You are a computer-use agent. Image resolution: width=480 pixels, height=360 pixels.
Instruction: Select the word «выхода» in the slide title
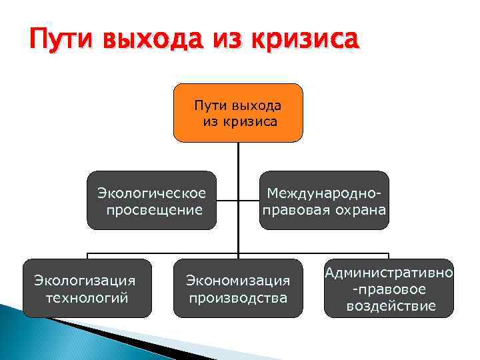pyautogui.click(x=153, y=41)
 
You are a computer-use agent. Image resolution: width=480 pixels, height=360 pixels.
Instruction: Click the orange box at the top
pyautogui.click(x=238, y=113)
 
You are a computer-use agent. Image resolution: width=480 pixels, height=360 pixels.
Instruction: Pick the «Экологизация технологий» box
pyautogui.click(x=86, y=288)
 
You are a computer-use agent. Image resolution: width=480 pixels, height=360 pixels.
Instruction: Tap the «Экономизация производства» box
pyautogui.click(x=238, y=288)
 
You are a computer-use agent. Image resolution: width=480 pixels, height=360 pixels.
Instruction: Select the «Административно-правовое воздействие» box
pyautogui.click(x=389, y=288)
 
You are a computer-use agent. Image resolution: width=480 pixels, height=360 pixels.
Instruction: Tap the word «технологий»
pyautogui.click(x=86, y=297)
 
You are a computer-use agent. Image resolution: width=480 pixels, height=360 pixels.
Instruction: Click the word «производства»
pyautogui.click(x=238, y=297)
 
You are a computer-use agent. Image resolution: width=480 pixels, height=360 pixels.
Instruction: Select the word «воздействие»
pyautogui.click(x=391, y=306)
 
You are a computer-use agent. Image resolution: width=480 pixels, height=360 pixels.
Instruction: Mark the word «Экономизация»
pyautogui.click(x=238, y=280)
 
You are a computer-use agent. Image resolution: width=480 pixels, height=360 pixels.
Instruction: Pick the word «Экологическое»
pyautogui.click(x=152, y=193)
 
